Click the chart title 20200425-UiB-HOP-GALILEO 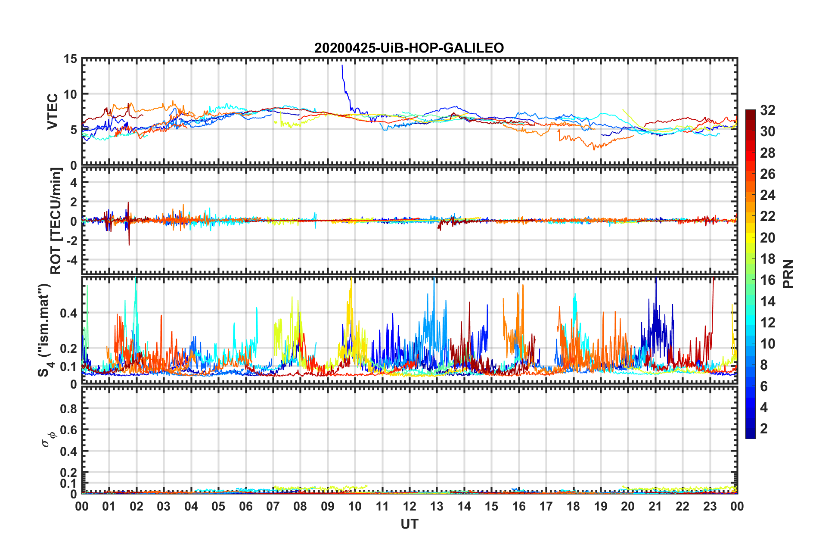click(x=409, y=48)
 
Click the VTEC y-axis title click(x=53, y=112)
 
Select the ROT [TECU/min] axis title click(x=56, y=221)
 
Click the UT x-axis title click(x=409, y=524)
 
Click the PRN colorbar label click(x=788, y=274)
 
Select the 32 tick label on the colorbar click(x=767, y=110)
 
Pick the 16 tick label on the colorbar click(x=767, y=280)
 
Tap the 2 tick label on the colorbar click(x=764, y=428)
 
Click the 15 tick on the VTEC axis click(x=70, y=59)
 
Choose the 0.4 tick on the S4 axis click(x=68, y=313)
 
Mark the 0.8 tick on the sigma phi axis click(x=68, y=408)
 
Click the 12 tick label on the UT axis click(x=409, y=506)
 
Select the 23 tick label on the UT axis click(x=710, y=506)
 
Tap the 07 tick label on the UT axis click(x=273, y=506)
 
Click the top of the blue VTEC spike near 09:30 click(x=342, y=65)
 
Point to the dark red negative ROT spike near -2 click(x=129, y=244)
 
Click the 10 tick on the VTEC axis click(x=70, y=94)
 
